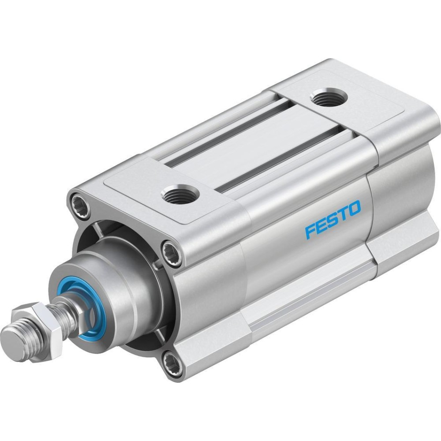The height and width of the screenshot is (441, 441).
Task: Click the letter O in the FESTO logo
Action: tap(353, 208)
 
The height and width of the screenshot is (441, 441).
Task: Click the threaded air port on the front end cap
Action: tap(180, 194)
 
